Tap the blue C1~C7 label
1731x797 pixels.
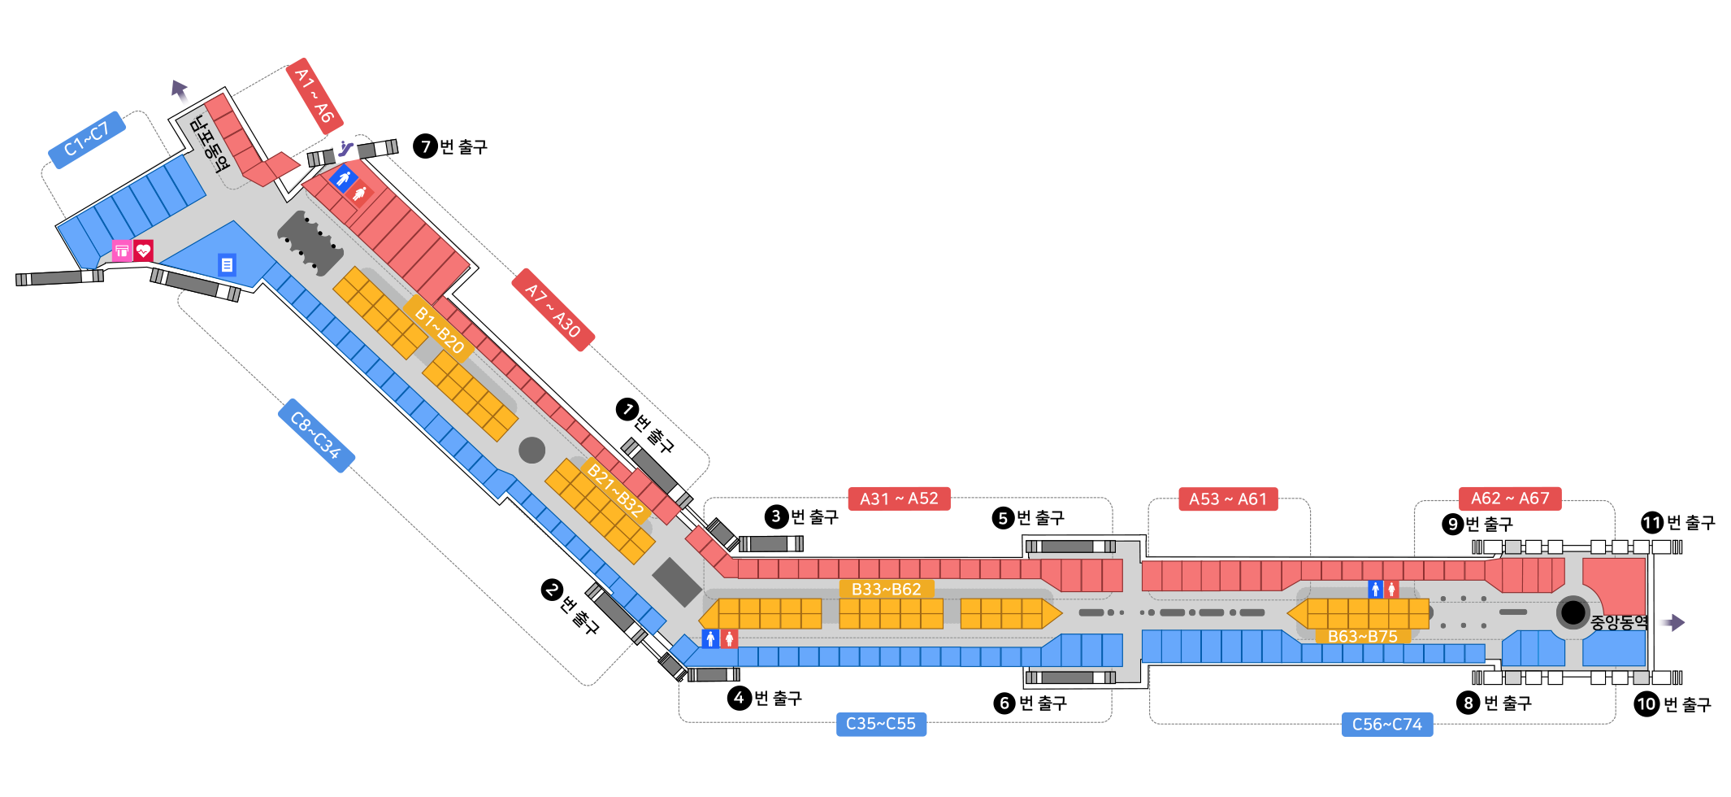[87, 139]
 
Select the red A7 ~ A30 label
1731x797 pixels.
[553, 310]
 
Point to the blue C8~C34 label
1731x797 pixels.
[316, 435]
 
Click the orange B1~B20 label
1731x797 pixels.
[439, 329]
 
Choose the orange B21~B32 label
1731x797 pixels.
[615, 490]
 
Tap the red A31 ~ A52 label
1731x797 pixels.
[899, 499]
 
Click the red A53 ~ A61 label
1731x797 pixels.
[1228, 499]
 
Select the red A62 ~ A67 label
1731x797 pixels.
[1510, 498]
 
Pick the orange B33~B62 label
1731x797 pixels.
[886, 589]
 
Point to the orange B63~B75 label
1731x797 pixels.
[1362, 636]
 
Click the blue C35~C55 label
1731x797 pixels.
[880, 723]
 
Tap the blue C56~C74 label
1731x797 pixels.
[1386, 724]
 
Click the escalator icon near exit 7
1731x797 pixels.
[345, 148]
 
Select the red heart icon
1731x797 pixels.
[144, 250]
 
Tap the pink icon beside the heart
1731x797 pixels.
[122, 250]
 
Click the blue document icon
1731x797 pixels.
[227, 264]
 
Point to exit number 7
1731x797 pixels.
[426, 146]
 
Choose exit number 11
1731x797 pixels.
[1651, 523]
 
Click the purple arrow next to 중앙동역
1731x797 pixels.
[1671, 623]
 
